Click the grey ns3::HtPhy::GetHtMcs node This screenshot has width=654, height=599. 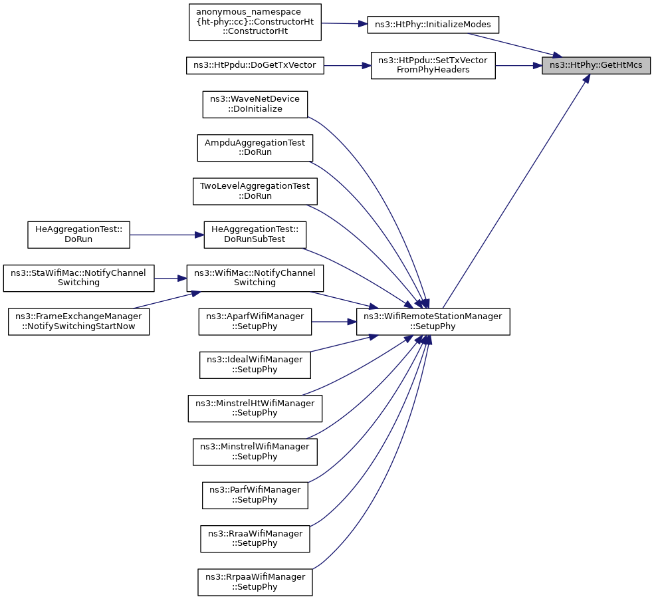click(x=596, y=66)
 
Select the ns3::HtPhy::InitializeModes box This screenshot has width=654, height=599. click(x=433, y=25)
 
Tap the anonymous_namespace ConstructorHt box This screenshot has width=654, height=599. click(x=255, y=22)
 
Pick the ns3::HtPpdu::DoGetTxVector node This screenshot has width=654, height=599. click(x=255, y=66)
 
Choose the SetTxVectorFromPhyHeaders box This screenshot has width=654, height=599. click(x=433, y=66)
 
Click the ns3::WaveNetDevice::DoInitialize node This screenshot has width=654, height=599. click(x=255, y=104)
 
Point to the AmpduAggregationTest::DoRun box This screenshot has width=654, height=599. click(x=255, y=148)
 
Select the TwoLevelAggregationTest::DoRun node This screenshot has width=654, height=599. click(x=255, y=191)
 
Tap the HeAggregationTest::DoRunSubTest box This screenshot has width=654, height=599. click(x=255, y=235)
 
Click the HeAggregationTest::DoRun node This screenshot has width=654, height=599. click(x=79, y=235)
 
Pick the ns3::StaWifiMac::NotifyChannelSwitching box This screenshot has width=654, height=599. click(x=79, y=278)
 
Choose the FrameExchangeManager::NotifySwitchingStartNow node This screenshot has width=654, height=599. click(x=79, y=321)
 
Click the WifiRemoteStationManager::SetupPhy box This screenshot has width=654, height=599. click(x=433, y=321)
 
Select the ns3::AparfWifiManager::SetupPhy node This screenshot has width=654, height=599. click(x=255, y=321)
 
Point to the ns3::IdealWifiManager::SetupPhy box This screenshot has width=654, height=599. click(x=255, y=365)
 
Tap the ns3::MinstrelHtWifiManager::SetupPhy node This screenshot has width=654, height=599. click(x=255, y=408)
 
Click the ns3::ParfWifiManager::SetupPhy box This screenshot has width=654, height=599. click(x=255, y=495)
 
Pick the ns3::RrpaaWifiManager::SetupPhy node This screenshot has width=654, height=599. click(x=255, y=582)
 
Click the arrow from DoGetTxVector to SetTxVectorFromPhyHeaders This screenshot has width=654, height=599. click(x=348, y=66)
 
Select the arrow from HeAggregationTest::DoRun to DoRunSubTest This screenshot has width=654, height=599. click(x=167, y=235)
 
